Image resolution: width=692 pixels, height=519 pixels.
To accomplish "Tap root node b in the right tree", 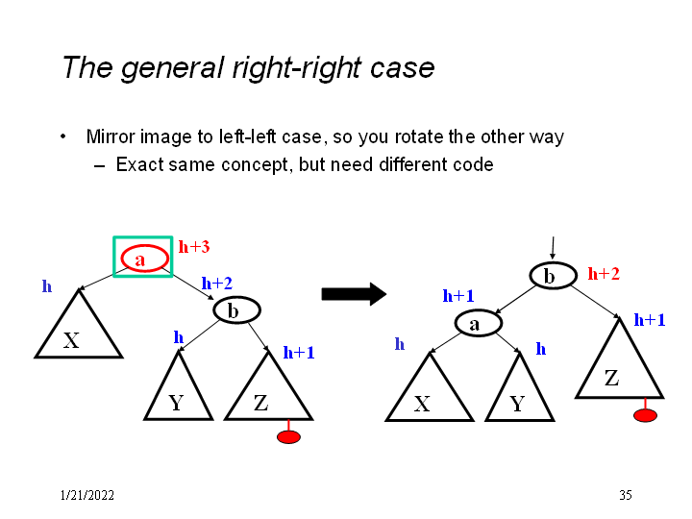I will pyautogui.click(x=550, y=277).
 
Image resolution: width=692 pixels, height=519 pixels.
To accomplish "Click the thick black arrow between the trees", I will pyautogui.click(x=353, y=294).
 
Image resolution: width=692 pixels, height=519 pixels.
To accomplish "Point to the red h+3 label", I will pyautogui.click(x=194, y=247).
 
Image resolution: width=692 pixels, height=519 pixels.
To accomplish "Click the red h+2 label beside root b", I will pyautogui.click(x=604, y=274).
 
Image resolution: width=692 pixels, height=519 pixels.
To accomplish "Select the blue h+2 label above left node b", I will pyautogui.click(x=216, y=284).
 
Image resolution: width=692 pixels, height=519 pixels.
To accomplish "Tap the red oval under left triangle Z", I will pyautogui.click(x=288, y=437).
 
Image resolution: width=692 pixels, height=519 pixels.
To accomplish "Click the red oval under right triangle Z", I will pyautogui.click(x=645, y=416).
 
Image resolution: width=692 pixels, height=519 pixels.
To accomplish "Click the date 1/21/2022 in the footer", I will pyautogui.click(x=86, y=495).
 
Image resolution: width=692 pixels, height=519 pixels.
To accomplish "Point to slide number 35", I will pyautogui.click(x=625, y=495).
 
